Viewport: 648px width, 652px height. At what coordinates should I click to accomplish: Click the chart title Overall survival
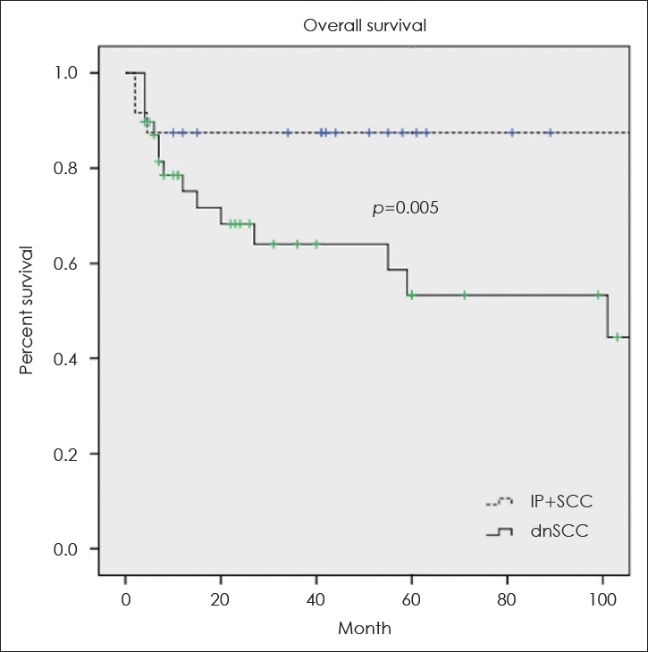click(364, 25)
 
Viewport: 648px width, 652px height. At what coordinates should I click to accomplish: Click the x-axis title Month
click(364, 628)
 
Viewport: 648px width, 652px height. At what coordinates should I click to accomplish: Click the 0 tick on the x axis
click(126, 598)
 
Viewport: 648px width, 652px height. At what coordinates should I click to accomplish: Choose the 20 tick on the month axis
click(221, 598)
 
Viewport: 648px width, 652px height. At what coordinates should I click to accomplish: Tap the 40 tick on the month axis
click(316, 598)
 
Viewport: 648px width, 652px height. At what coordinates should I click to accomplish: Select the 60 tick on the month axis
click(411, 598)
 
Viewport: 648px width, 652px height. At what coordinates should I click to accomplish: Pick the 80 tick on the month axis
click(507, 598)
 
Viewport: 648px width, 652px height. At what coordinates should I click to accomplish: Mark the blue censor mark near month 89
click(550, 132)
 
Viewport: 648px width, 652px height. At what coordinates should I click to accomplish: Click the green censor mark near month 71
click(464, 295)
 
